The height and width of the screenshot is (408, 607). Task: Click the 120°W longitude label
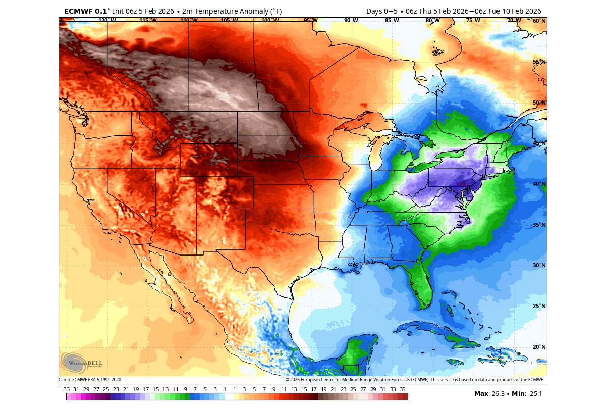[x=107, y=20]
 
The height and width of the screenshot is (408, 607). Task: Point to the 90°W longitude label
[x=351, y=20]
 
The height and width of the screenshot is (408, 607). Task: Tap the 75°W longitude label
[x=473, y=20]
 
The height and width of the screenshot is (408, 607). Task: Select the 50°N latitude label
[x=539, y=103]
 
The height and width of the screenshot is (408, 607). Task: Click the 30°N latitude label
[x=539, y=265]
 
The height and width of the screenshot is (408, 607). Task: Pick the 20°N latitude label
[x=539, y=347]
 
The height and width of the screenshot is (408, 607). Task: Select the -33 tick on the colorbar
[x=66, y=389]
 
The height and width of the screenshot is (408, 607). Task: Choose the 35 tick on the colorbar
[x=402, y=389]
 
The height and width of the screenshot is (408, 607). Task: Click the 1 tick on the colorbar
[x=234, y=389]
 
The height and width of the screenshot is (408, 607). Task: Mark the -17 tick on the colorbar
[x=145, y=389]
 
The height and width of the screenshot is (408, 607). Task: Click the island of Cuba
[x=434, y=333]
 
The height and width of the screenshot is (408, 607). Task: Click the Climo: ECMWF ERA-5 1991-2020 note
[x=90, y=380]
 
